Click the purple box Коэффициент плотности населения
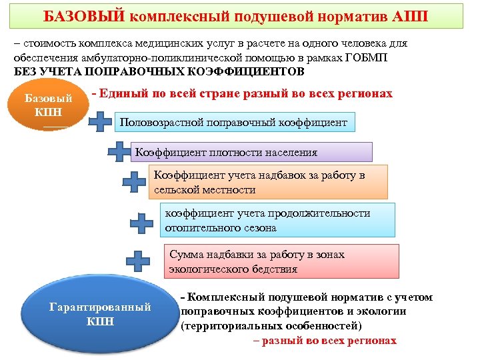point(253,152)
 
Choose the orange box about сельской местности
point(267,183)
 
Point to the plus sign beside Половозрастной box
point(101,122)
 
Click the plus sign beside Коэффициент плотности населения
point(120,152)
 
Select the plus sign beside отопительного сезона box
point(141,223)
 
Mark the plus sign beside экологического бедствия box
point(138,261)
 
